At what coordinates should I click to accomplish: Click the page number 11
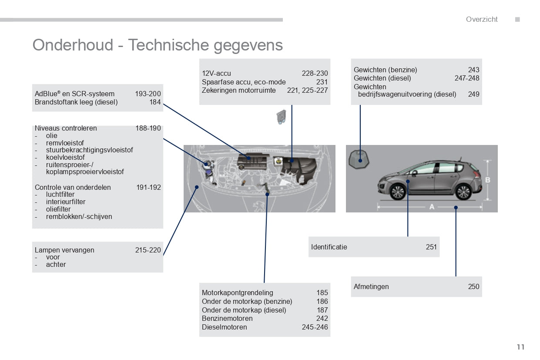click(x=520, y=347)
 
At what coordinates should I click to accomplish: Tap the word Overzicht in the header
click(x=482, y=19)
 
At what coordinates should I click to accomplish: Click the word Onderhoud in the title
click(x=73, y=45)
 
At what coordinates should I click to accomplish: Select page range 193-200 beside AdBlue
click(x=148, y=94)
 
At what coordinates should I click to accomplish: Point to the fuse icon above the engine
click(x=281, y=117)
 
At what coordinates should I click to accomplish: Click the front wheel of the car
click(x=398, y=192)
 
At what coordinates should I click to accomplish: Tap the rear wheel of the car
click(x=463, y=192)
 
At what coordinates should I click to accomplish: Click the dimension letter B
click(x=487, y=180)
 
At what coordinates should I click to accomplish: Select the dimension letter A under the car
click(x=432, y=207)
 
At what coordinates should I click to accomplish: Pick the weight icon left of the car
click(x=359, y=159)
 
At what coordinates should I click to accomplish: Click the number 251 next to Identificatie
click(x=431, y=247)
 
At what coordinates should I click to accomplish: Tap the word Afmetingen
click(x=371, y=287)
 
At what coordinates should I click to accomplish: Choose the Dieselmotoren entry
click(x=225, y=327)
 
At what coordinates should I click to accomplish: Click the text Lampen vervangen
click(x=64, y=250)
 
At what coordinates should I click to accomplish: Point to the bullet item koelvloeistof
click(x=65, y=158)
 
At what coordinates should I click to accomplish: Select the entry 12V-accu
click(x=216, y=73)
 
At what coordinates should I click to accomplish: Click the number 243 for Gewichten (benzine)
click(x=474, y=70)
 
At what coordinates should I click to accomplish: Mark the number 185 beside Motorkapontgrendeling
click(x=322, y=293)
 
